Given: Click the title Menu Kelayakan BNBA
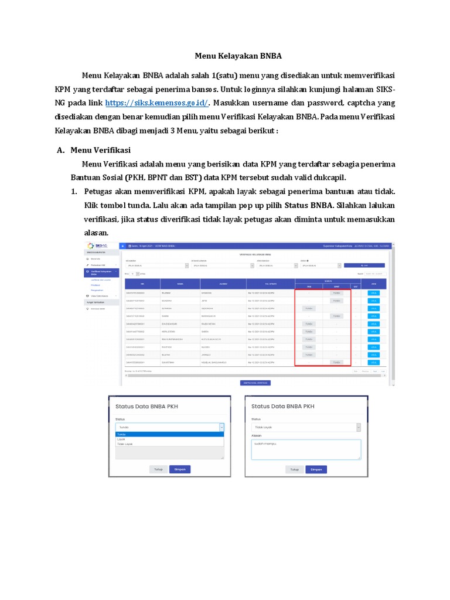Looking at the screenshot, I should pos(238,56).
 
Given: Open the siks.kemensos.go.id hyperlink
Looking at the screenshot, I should pos(156,103).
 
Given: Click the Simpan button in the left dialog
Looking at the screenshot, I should pos(180,469).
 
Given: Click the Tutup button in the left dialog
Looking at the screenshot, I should pos(158,469).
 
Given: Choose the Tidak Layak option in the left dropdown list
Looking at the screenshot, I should pos(125,444).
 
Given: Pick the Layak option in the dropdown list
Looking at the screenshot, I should pos(122,439).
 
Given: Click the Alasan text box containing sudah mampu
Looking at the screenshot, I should pos(305,449).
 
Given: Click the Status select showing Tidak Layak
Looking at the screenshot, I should pos(305,428).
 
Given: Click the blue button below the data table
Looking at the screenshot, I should pos(255,383).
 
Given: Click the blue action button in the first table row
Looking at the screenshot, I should pos(373,292).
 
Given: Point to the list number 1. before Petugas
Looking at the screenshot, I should pos(74,192).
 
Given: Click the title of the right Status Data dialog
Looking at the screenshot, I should pos(282,406).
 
